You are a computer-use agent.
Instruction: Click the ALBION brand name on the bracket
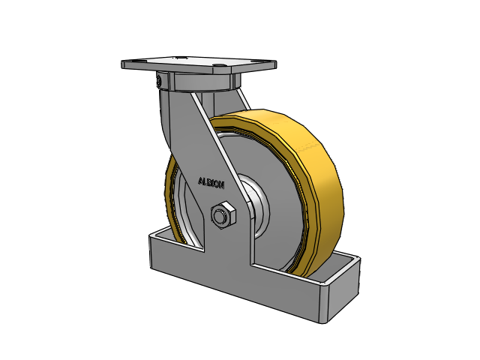(211, 183)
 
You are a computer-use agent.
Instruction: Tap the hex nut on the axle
(223, 215)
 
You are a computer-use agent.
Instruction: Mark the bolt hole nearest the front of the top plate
(218, 65)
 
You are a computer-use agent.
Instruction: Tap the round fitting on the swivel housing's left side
(160, 81)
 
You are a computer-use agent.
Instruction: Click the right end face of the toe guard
(344, 289)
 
